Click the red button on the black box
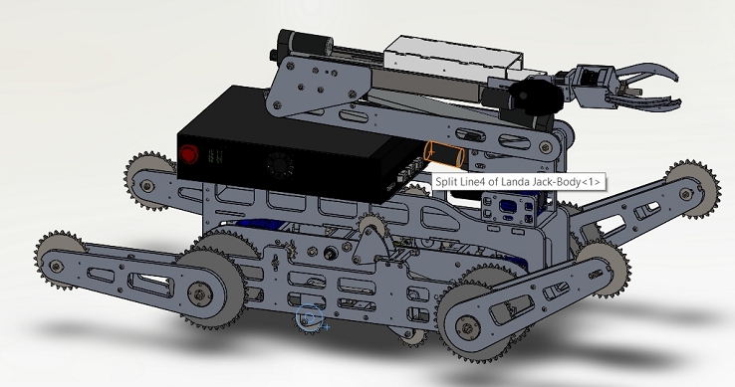tap(188, 154)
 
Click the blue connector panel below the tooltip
tap(510, 210)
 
